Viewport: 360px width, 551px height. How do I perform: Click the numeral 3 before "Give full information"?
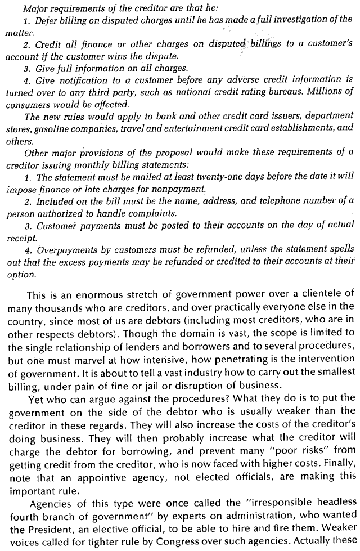(27, 69)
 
